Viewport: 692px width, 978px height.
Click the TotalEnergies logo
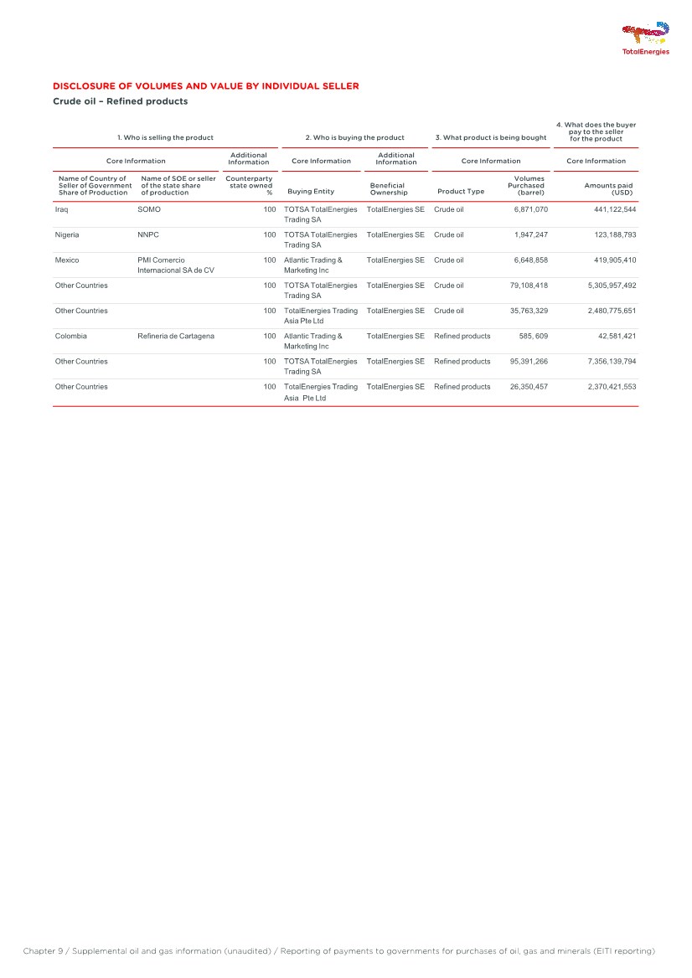645,39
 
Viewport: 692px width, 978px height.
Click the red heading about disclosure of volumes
205,86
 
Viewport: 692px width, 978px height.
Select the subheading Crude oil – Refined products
120,102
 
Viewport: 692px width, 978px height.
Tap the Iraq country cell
61,209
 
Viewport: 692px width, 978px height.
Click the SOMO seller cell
148,209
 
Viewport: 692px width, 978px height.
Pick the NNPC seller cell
148,234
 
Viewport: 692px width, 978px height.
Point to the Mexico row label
67,260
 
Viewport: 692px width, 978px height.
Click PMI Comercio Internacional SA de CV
176,265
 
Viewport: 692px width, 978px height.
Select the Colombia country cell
70,336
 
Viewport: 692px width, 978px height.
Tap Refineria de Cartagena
175,336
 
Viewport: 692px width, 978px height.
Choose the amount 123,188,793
609,234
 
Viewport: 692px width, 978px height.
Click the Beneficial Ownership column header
389,188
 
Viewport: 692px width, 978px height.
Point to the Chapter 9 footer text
338,951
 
